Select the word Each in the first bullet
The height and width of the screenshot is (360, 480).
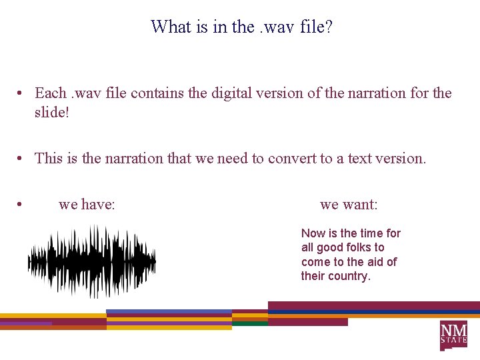(x=50, y=93)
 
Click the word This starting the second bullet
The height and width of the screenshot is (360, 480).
(x=49, y=158)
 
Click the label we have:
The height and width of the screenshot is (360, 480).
(x=87, y=204)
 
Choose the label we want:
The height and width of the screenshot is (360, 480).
(x=349, y=204)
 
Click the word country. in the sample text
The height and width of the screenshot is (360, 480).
(x=351, y=276)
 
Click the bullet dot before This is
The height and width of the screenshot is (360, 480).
(x=22, y=159)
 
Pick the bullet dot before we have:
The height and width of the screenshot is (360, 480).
(x=22, y=205)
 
